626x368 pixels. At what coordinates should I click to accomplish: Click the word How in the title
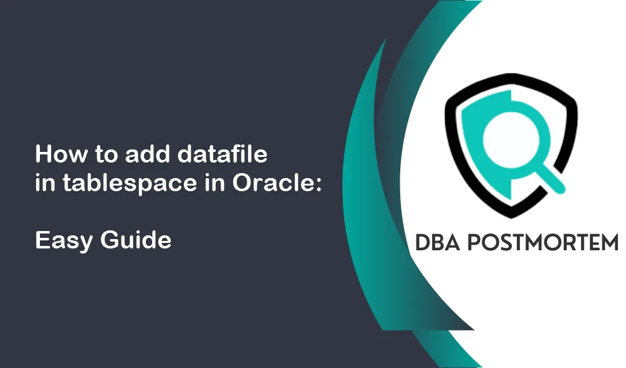pos(60,154)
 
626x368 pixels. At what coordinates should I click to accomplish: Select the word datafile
pos(222,154)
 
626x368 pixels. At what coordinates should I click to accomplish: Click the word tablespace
pos(130,184)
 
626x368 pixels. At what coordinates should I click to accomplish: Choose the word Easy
pos(64,241)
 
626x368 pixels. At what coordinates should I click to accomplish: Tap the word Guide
pos(136,240)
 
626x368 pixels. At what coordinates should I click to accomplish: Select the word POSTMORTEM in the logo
pos(542,243)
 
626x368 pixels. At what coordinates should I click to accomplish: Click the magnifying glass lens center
pos(511,139)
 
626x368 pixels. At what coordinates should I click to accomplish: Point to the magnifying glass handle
pos(551,179)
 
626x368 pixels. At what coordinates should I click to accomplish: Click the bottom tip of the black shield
pos(511,218)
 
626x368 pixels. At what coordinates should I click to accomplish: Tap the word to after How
pos(106,154)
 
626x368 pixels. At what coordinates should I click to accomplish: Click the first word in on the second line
pos(45,184)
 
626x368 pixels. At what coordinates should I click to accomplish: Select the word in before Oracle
pos(215,184)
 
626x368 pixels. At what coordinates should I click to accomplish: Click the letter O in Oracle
pos(243,184)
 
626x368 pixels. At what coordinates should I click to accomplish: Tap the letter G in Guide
pos(109,240)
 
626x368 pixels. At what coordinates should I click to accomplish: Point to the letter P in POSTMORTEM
pos(474,243)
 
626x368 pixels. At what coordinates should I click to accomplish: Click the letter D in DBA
pos(422,243)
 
